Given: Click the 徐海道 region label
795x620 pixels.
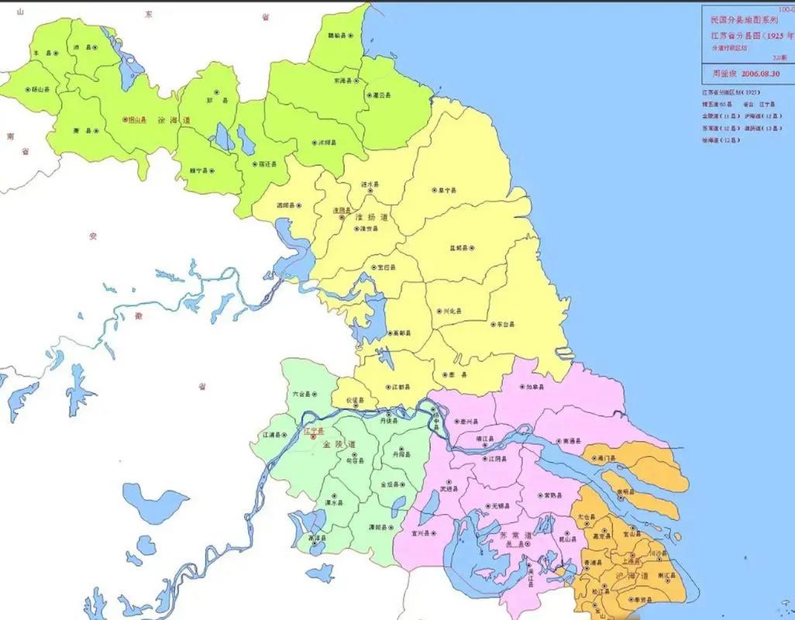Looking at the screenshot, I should point(174,120).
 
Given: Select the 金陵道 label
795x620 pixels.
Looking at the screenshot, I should point(341,445).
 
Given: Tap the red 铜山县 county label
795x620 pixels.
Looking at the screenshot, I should point(136,120).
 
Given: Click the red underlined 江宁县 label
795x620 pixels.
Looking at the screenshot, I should point(315,430).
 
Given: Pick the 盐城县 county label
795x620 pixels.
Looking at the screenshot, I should point(460,248).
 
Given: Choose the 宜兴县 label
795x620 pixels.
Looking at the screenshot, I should point(422,532).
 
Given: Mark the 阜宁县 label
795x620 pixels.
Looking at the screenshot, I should point(447,190).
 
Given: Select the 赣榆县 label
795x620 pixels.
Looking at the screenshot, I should point(338,36).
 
